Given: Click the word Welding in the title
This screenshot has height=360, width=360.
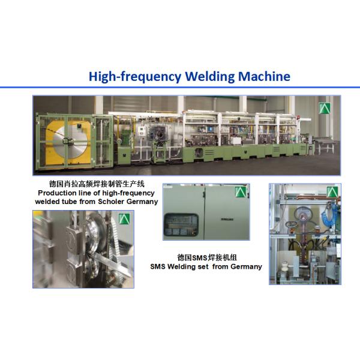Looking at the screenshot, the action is (x=210, y=76).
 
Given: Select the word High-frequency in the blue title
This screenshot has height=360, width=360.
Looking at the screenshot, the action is (x=135, y=76).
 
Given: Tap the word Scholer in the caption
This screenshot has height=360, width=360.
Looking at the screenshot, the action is (x=111, y=202).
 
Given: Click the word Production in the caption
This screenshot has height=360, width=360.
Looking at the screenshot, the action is (x=57, y=193).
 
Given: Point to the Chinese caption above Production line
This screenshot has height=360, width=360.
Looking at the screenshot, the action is (x=97, y=184).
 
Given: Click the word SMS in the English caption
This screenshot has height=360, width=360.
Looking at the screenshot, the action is (x=158, y=266).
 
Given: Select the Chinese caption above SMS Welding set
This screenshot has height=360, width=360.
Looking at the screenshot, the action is (x=207, y=257).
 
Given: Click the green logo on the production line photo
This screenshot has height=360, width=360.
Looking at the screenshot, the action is (x=325, y=108).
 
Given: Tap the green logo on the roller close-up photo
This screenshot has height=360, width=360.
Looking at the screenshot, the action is (x=124, y=219).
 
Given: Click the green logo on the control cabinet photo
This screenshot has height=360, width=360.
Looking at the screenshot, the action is (x=241, y=192).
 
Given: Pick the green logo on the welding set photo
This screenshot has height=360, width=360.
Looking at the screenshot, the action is (x=332, y=192).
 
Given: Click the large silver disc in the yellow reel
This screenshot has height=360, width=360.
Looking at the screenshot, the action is (x=70, y=140).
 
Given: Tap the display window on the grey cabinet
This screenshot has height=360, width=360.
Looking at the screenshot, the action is (x=181, y=224).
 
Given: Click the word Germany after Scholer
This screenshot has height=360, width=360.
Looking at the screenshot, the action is (x=142, y=202).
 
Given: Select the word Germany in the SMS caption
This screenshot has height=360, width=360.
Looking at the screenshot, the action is (x=247, y=267).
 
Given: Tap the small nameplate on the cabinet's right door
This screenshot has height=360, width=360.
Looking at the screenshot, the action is (x=227, y=219).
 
